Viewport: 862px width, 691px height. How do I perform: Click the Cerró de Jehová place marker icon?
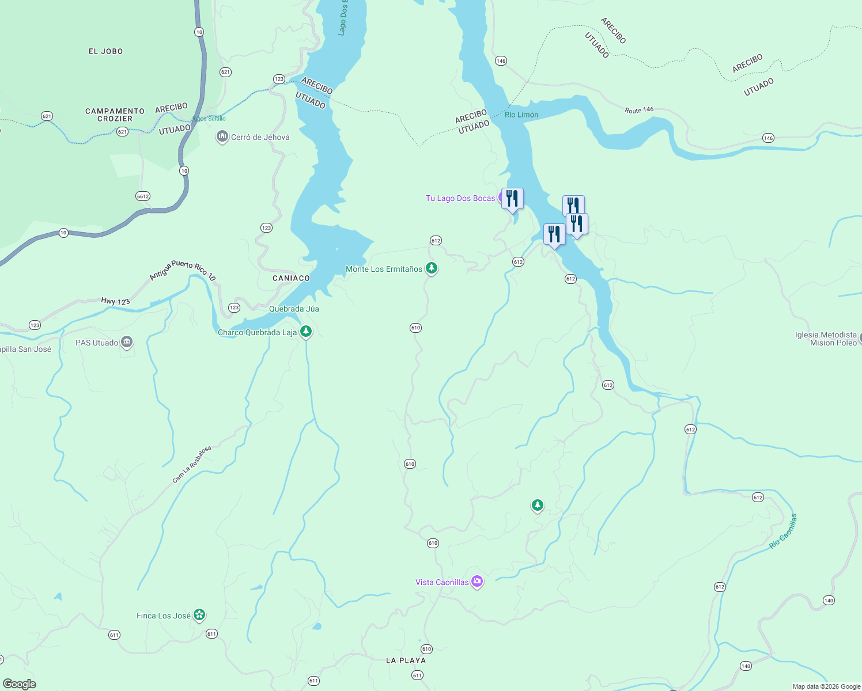coord(222,137)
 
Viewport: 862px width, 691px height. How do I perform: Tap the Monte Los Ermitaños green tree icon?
coord(431,268)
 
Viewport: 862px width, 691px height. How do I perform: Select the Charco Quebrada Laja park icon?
coord(306,332)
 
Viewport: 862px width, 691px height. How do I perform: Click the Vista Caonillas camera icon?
coord(477,582)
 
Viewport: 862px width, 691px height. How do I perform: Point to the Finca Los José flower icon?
coord(199,615)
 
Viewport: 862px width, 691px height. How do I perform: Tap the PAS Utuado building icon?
coord(127,343)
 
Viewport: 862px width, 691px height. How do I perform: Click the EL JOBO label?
coord(105,51)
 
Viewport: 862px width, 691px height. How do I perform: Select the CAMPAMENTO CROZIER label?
coord(115,115)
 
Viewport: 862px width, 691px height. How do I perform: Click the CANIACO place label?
coord(291,278)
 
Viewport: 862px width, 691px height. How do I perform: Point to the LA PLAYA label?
coord(406,660)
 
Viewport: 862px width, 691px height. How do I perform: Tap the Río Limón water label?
coord(521,115)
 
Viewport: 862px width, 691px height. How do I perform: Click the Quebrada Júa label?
coord(294,309)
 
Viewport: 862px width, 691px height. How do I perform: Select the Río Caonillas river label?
coord(784,531)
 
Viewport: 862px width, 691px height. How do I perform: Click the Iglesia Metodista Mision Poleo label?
coord(826,339)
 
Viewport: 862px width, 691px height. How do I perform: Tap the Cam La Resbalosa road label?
coord(192,464)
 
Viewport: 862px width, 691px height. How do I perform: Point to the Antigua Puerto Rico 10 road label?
coord(183,271)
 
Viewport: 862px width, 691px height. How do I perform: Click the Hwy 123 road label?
coord(115,301)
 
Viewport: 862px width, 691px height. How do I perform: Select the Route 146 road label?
coord(639,109)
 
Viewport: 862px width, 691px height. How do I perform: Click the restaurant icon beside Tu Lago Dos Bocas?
coord(512,199)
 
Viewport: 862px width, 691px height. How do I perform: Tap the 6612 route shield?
coord(143,196)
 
